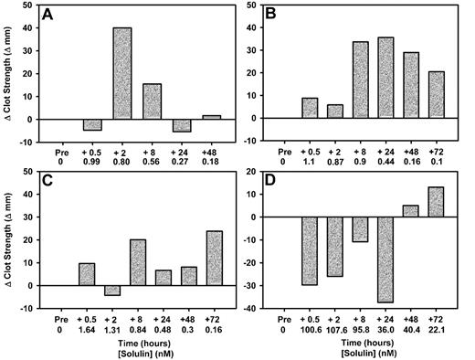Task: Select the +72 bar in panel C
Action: pos(209,248)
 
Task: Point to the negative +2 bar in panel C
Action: pos(122,290)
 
